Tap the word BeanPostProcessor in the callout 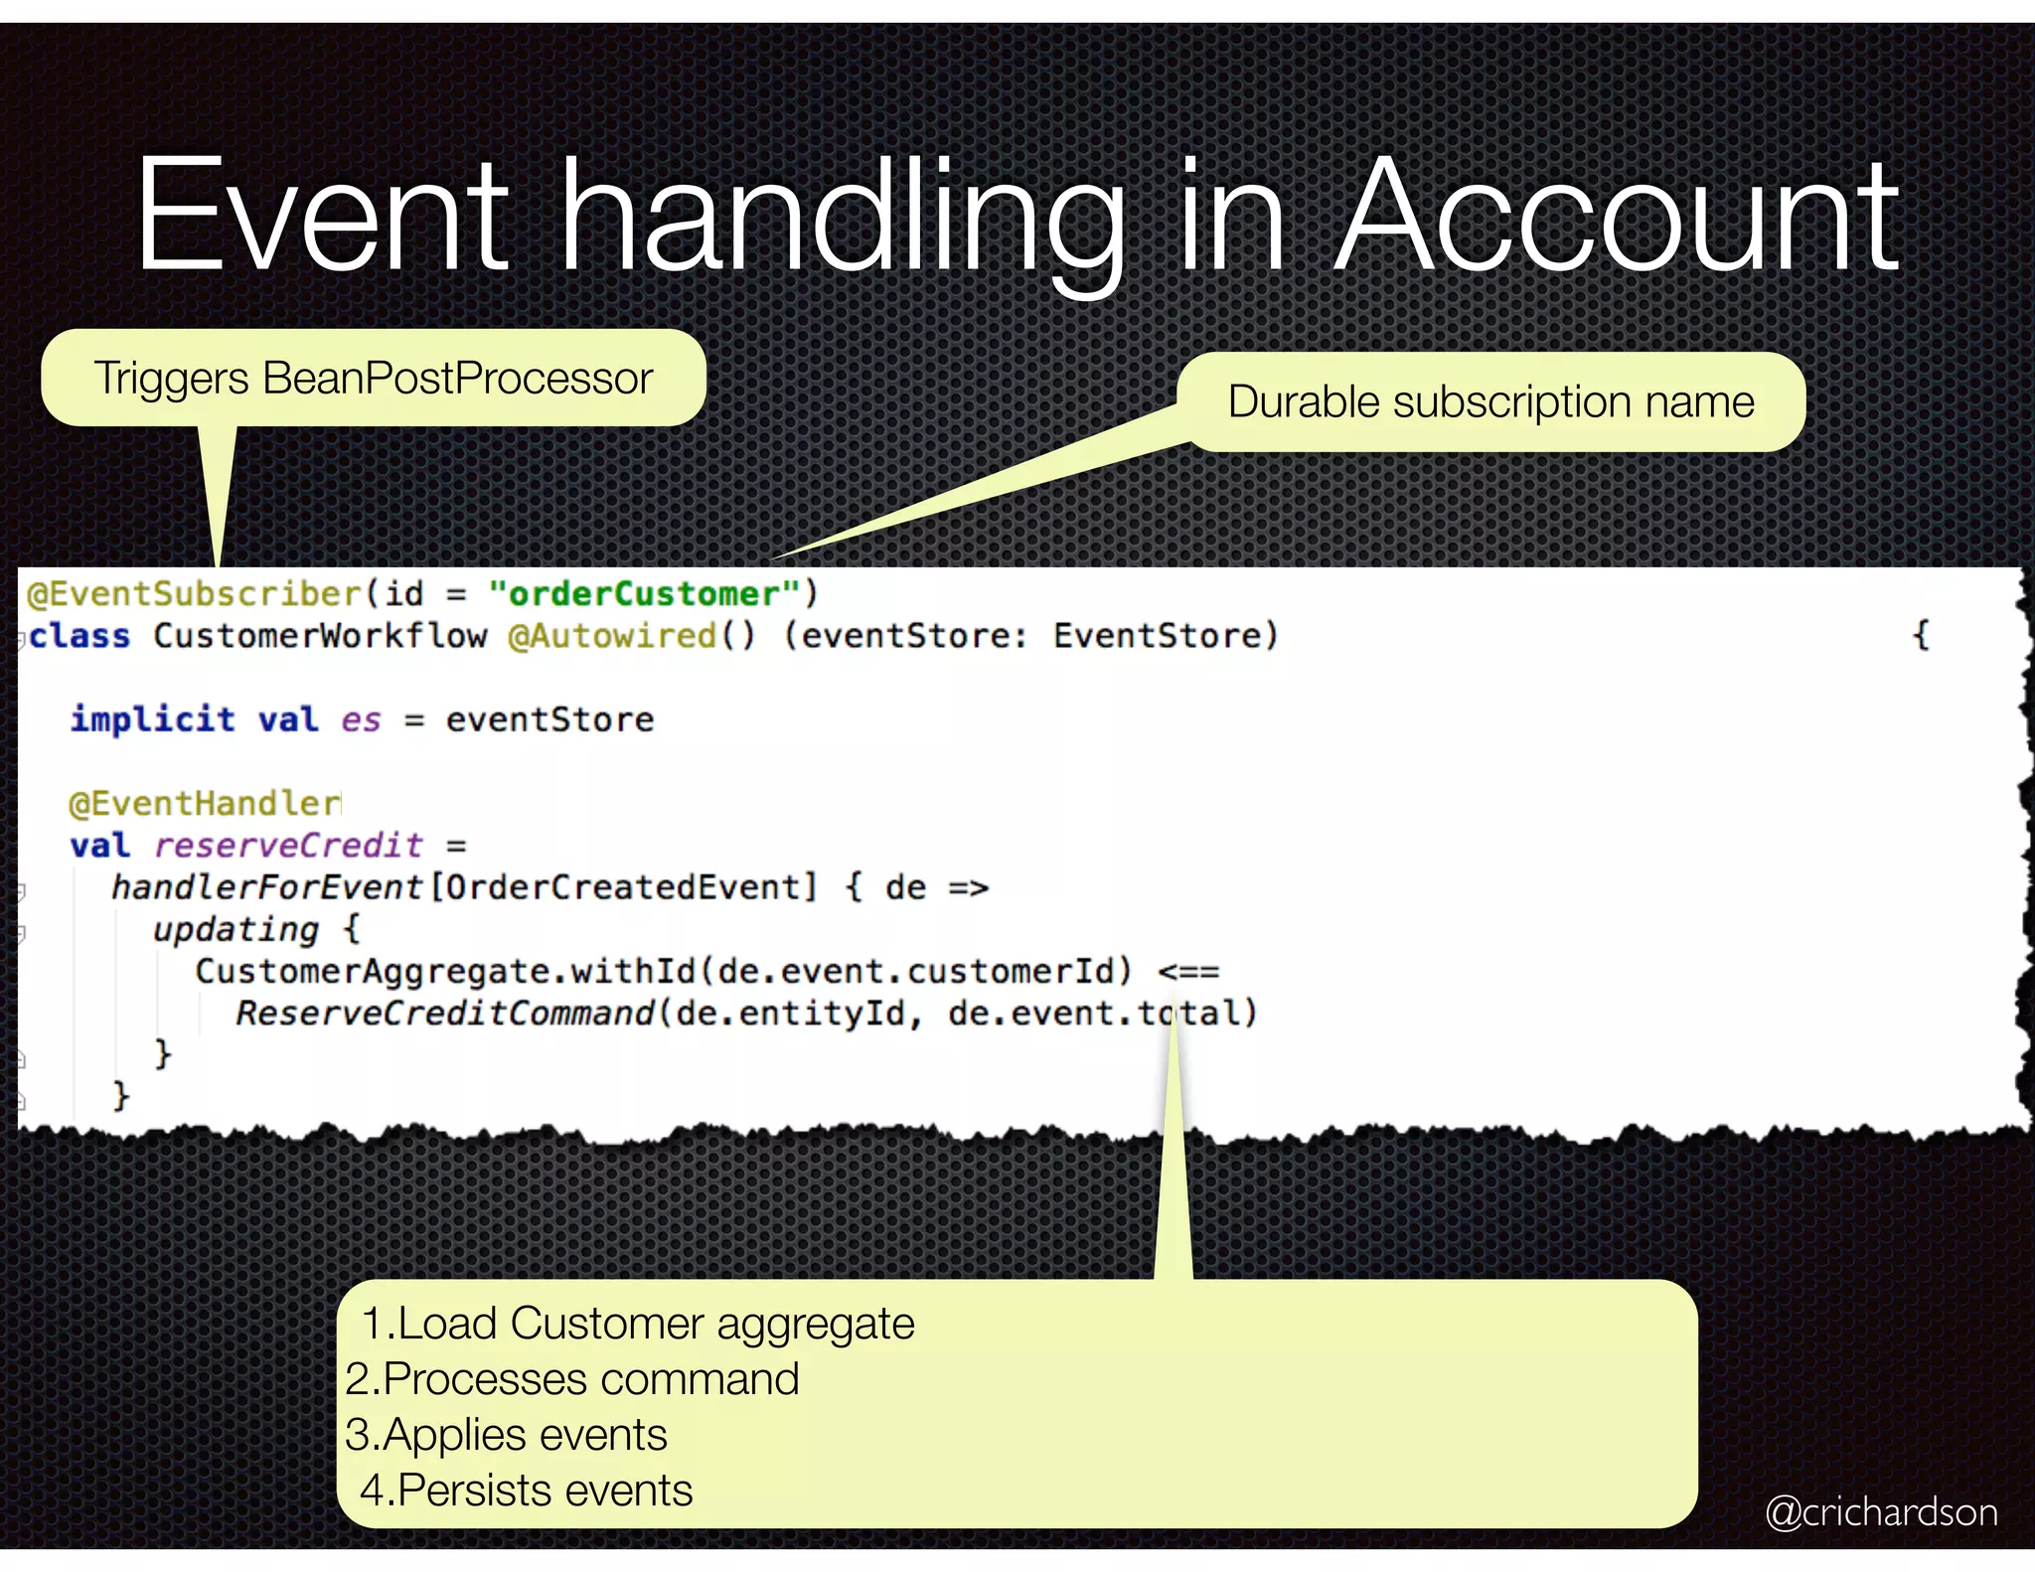click(x=457, y=379)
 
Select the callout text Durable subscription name click(x=1490, y=402)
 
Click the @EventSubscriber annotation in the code click(x=195, y=594)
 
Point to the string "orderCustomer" click(x=644, y=594)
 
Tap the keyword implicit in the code click(x=152, y=719)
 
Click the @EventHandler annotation click(x=205, y=803)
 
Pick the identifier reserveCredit click(x=288, y=846)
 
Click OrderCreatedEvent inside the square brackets click(x=623, y=887)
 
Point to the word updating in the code click(x=235, y=930)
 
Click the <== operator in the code click(x=1188, y=972)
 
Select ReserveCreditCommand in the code click(x=444, y=1014)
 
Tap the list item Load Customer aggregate click(x=637, y=1324)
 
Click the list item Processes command click(x=572, y=1379)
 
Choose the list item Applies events click(x=507, y=1435)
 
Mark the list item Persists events click(x=527, y=1491)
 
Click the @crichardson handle click(x=1881, y=1512)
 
